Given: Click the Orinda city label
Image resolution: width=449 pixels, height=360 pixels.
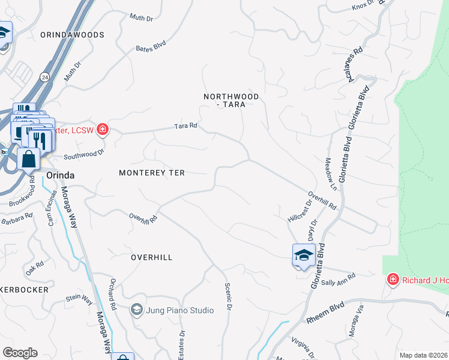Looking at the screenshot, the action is coord(60,175).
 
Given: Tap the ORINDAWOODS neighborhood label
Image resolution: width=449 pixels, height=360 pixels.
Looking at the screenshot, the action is coord(72,35).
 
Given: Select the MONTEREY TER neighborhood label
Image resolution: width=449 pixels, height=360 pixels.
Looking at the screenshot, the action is coord(151,173).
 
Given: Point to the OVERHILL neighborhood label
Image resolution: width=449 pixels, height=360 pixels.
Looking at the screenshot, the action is coord(152,257).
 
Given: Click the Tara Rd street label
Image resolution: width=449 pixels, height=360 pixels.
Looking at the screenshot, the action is coord(185,126).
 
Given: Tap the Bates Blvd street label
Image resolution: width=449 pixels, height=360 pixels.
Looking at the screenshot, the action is coord(150,46).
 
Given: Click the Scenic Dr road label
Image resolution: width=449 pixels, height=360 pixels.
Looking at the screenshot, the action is coord(228,296).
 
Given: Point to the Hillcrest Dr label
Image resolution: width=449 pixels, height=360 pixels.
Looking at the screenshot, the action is coord(300,210).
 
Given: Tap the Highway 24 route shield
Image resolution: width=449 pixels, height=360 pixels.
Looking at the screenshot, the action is coord(45,77).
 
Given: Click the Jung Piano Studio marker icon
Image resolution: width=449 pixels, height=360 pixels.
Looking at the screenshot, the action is coord(136,310).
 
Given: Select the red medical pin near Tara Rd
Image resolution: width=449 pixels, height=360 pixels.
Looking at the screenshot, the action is coord(103,129).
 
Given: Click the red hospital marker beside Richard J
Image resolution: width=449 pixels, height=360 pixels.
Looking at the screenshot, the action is coord(393,280).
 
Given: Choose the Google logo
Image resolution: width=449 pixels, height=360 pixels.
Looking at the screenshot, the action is coord(20,353).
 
